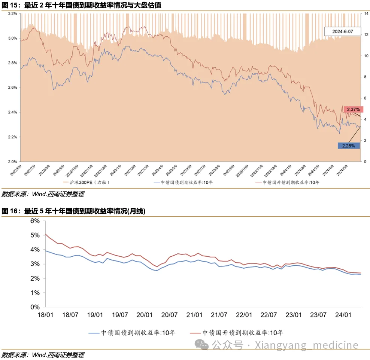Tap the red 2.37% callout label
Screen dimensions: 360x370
[x=353, y=110]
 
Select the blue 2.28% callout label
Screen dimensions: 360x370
[x=348, y=146]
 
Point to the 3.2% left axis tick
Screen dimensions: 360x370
[x=12, y=13]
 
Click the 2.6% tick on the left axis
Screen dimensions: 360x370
[x=12, y=88]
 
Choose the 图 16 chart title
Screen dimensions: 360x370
[x=73, y=211]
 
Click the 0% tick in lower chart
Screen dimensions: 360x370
[x=35, y=307]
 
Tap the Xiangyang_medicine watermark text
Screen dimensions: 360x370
[x=306, y=345]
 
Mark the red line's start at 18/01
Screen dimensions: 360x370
[x=45, y=235]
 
